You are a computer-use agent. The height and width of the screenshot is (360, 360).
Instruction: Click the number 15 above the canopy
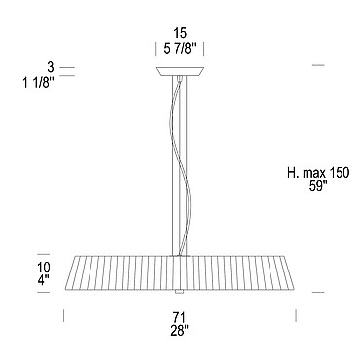180,33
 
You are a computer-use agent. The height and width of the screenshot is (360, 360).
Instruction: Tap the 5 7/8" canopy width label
180,50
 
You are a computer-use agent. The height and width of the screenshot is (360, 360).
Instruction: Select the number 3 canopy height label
50,68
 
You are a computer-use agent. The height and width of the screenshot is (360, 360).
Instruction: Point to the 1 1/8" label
38,83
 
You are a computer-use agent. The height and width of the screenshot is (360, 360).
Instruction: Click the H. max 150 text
318,173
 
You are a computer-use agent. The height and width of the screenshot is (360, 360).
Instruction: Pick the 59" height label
318,187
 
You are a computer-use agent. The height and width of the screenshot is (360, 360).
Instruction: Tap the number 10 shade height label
44,268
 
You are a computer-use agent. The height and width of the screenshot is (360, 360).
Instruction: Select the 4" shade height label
44,279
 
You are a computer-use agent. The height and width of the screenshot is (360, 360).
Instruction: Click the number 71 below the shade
180,316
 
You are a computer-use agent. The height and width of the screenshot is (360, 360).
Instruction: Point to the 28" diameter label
180,331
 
